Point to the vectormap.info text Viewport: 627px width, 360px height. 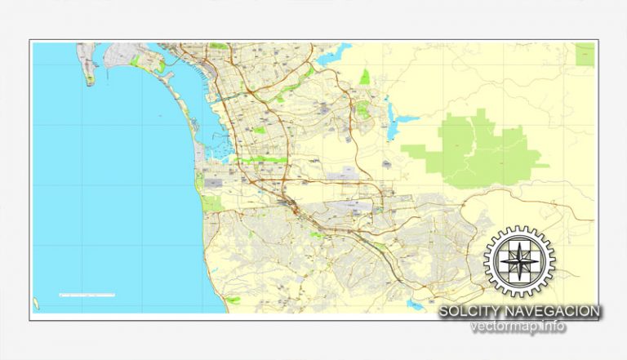(518, 327)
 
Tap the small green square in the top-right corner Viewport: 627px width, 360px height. (585, 54)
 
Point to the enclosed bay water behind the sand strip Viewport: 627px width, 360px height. (211, 131)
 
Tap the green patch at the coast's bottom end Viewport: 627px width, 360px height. (233, 300)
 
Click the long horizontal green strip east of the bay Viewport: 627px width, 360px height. (263, 160)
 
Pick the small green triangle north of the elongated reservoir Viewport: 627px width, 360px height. (364, 78)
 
